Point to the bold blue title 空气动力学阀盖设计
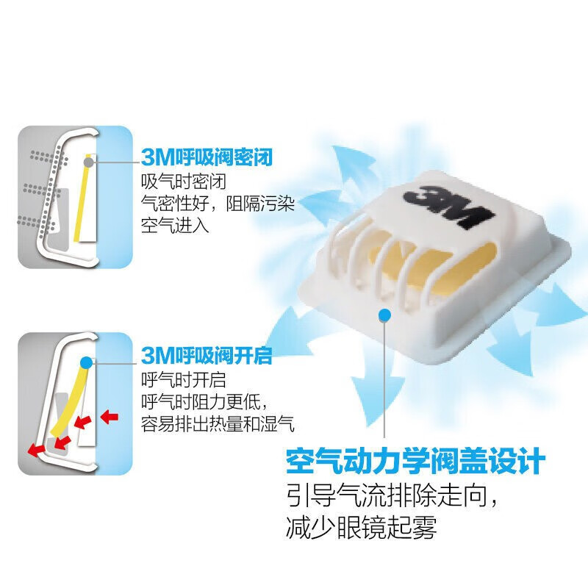tap(415, 464)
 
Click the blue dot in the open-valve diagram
tap(87, 362)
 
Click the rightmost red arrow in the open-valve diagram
tap(109, 417)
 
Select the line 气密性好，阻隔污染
tap(218, 204)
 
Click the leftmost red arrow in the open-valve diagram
tap(33, 450)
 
